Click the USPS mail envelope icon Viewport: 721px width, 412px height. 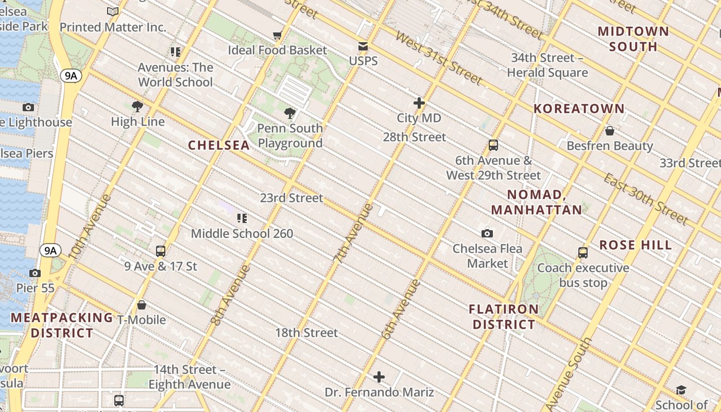point(363,46)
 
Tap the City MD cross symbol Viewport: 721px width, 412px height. point(419,103)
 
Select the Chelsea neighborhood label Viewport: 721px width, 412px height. point(219,145)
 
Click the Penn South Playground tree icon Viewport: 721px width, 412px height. point(290,113)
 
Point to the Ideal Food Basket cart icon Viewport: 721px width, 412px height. point(278,36)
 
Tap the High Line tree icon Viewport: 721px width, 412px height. point(138,107)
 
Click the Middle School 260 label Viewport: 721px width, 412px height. point(242,233)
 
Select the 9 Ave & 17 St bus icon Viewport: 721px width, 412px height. point(161,251)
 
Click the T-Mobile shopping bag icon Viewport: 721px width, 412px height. point(142,305)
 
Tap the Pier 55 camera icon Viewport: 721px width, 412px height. point(35,273)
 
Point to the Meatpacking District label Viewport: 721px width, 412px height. point(62,325)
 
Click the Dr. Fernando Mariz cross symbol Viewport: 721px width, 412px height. point(379,377)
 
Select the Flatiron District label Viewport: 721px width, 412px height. point(504,317)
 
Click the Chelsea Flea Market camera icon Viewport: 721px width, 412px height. point(487,234)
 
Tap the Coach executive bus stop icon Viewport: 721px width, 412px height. point(583,253)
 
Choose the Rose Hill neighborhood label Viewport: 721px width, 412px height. point(636,245)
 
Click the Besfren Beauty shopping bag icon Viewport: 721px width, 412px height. point(610,131)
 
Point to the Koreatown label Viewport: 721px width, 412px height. point(579,109)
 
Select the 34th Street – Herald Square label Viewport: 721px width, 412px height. point(547,65)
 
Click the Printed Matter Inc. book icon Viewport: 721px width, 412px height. point(113,11)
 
